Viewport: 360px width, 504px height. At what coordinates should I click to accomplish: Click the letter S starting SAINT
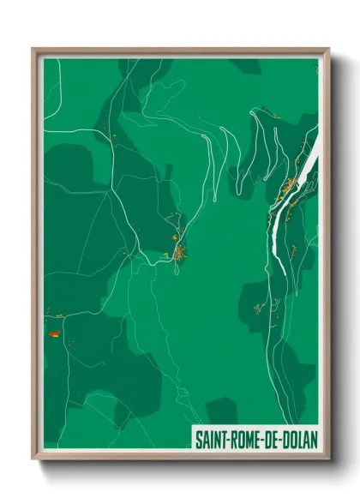[x=198, y=439]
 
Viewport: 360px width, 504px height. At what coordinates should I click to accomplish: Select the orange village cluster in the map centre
[x=180, y=252]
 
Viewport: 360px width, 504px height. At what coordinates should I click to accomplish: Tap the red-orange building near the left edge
[x=53, y=333]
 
